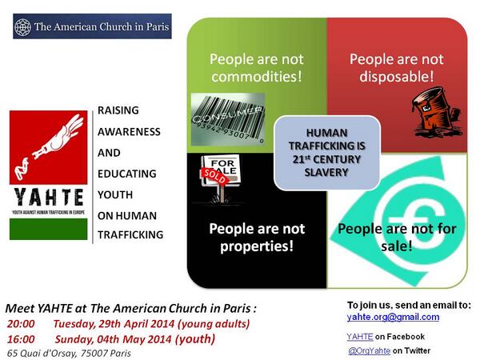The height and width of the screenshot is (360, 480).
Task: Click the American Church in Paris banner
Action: (93, 26)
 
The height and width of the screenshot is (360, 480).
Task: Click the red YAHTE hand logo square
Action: (47, 148)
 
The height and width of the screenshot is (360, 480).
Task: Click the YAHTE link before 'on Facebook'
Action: (358, 336)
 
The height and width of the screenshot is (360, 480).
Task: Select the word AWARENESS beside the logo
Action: (129, 131)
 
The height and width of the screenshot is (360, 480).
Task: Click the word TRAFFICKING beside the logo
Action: (130, 234)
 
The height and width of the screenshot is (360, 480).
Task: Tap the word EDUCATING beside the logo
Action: (127, 173)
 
